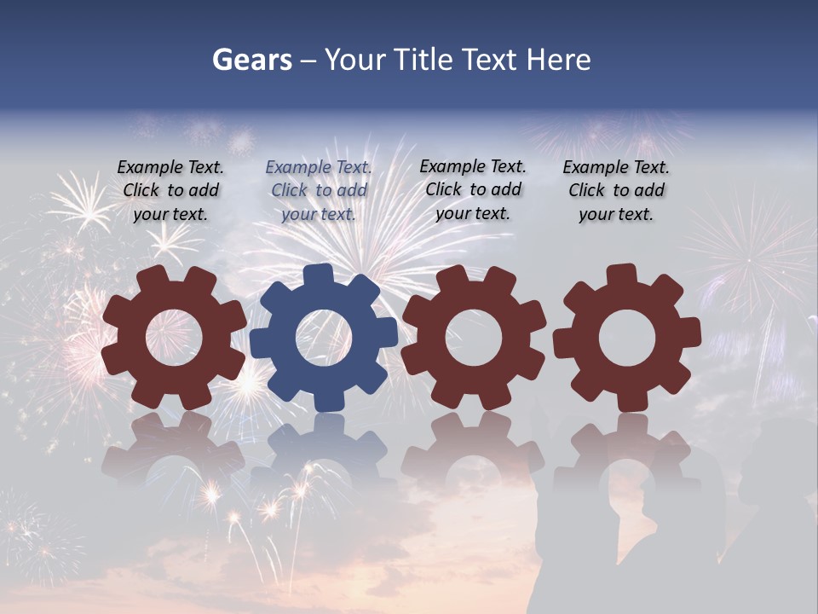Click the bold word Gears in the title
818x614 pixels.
click(x=251, y=60)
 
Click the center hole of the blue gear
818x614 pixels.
click(x=324, y=338)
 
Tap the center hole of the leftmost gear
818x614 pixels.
click(x=174, y=338)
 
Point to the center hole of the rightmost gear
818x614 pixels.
click(x=627, y=338)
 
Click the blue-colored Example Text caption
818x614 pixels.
click(x=319, y=191)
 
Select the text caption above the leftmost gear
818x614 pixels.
click(x=170, y=191)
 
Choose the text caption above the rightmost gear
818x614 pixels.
click(x=616, y=191)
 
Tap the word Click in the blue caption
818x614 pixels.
click(x=290, y=190)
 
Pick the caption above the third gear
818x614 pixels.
click(x=473, y=189)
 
